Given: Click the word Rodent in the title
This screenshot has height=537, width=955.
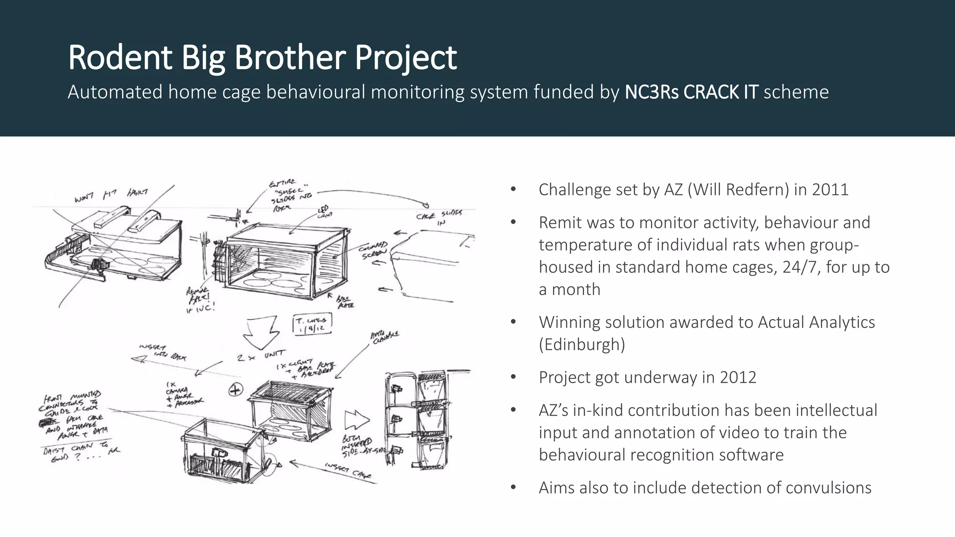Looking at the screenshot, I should (120, 57).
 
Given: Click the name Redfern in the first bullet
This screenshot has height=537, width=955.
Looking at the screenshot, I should (755, 190).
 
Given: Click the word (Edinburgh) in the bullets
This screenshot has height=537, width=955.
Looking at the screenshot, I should (582, 344).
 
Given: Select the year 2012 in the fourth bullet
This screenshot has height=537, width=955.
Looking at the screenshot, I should (738, 377).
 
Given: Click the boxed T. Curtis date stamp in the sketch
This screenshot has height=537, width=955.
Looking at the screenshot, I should (312, 324).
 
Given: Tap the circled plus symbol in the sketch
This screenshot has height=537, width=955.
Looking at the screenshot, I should (236, 390).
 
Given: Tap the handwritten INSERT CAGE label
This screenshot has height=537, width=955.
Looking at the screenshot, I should (348, 471).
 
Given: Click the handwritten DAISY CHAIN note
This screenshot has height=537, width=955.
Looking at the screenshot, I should (75, 452).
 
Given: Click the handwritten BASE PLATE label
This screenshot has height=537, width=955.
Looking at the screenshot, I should (345, 302).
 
